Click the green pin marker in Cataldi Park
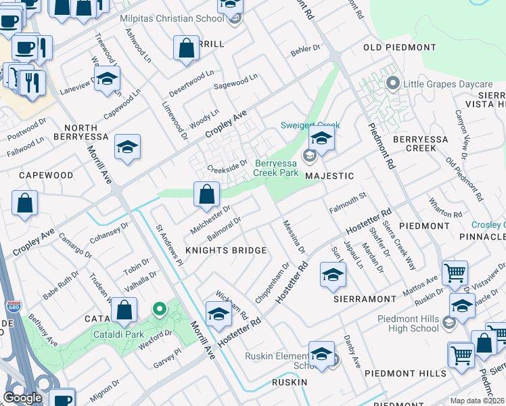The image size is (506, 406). [x=160, y=310]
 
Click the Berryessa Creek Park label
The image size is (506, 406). [x=277, y=168]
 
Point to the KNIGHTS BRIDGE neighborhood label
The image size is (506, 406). [x=226, y=250]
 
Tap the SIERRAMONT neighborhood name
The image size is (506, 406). [x=365, y=298]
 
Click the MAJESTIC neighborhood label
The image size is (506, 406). [x=329, y=176]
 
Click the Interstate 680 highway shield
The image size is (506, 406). [x=12, y=305]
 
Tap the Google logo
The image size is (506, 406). [x=22, y=397]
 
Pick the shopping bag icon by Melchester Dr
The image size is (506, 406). [x=206, y=194]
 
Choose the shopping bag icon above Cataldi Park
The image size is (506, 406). [x=124, y=311]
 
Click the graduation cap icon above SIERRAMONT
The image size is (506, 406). [x=333, y=275]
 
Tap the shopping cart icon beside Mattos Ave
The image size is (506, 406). [x=455, y=273]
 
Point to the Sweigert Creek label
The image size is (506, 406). [x=310, y=125]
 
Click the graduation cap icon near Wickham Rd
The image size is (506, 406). [x=218, y=315]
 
